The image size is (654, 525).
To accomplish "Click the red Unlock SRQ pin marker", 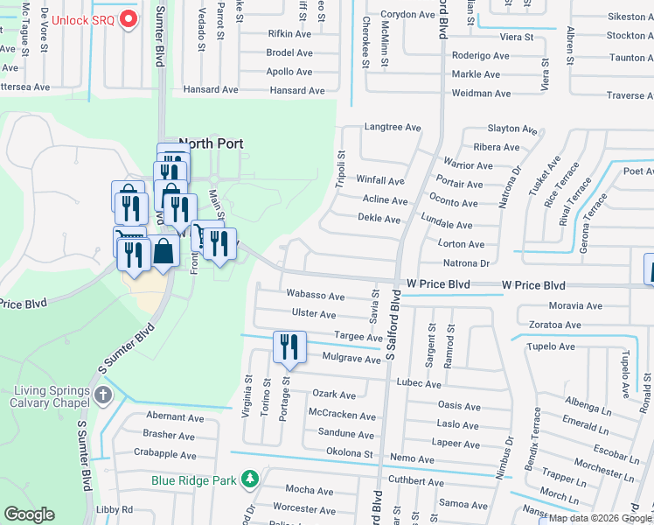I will [x=129, y=17].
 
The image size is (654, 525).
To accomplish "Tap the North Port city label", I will [x=210, y=143].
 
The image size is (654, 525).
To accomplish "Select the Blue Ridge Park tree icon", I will [x=250, y=479].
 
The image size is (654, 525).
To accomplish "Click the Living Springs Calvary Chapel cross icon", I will [x=103, y=395].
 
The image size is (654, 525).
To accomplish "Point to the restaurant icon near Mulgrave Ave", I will [x=289, y=347].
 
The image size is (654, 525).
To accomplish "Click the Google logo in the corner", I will [x=29, y=514].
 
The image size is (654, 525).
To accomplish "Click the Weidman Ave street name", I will [x=481, y=94].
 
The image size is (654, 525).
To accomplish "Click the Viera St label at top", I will [x=517, y=38].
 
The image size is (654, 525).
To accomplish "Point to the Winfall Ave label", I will [x=380, y=180].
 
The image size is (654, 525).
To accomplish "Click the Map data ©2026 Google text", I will [x=601, y=518].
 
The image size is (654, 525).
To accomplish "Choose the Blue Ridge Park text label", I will [x=194, y=480].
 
